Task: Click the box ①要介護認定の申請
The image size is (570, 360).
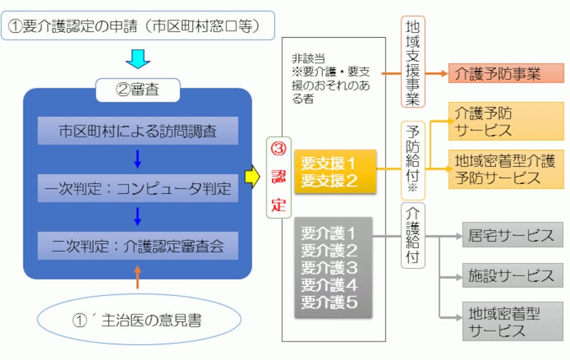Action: coord(139,26)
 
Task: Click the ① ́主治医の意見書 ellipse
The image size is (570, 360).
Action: coord(138,319)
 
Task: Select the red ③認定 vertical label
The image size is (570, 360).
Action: coord(279,178)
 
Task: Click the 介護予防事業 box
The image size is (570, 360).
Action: coord(506,73)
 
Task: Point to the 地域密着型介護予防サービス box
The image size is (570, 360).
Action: coord(506,169)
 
